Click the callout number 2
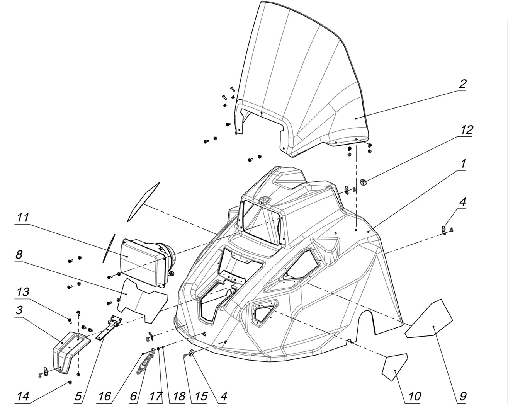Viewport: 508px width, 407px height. pos(462,84)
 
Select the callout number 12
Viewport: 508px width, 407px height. pos(466,130)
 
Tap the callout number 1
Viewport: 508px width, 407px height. pos(462,164)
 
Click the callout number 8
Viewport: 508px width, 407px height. pos(19,255)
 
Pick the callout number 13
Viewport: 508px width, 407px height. pos(22,292)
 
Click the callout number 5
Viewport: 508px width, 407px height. pos(78,396)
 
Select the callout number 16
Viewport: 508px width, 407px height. pos(104,396)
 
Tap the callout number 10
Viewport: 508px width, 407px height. pos(414,396)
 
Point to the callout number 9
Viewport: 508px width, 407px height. pos(463,396)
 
